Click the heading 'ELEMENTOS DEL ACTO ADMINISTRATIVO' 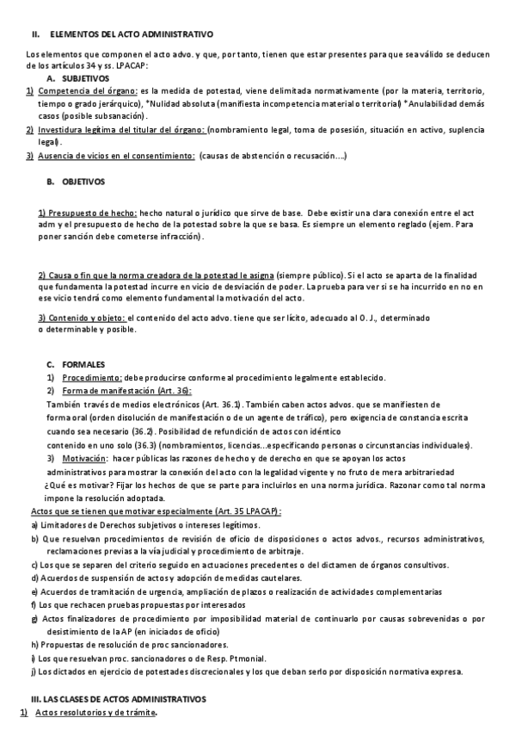tap(132, 35)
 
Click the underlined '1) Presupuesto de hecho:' tap(88, 212)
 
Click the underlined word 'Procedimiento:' tap(92, 377)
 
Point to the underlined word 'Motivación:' tap(84, 459)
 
